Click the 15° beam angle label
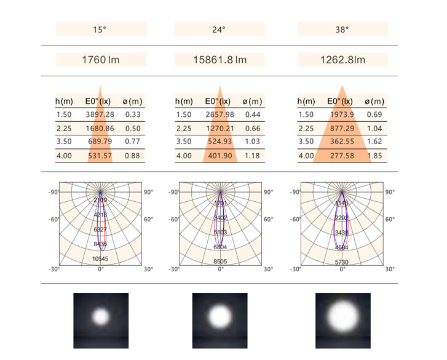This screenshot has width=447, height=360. pyautogui.click(x=100, y=29)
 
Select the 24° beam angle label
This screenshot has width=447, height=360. pyautogui.click(x=220, y=29)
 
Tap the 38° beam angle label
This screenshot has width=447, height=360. pyautogui.click(x=342, y=29)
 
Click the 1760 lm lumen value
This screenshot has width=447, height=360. pyautogui.click(x=101, y=60)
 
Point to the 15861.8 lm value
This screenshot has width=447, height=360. pyautogui.click(x=220, y=60)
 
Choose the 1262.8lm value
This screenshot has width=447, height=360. pyautogui.click(x=342, y=60)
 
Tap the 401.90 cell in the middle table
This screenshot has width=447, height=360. pyautogui.click(x=220, y=156)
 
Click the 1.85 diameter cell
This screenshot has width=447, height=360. pyautogui.click(x=374, y=156)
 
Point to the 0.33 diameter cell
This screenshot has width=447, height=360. pyautogui.click(x=132, y=114)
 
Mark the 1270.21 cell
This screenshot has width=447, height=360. pyautogui.click(x=220, y=128)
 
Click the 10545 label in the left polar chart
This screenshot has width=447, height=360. pyautogui.click(x=100, y=259)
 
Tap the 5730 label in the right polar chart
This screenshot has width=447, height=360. pyautogui.click(x=342, y=262)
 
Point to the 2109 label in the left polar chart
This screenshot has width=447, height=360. pyautogui.click(x=100, y=201)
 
